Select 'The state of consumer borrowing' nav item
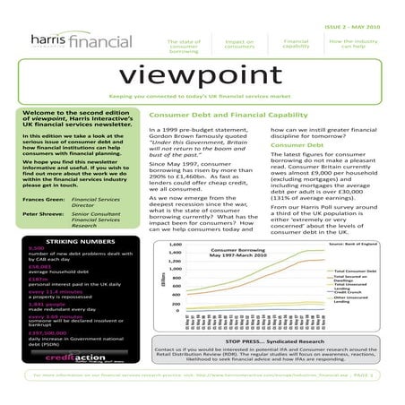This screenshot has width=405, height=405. pos(185,46)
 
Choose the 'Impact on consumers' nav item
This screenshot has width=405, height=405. pos(239,44)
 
